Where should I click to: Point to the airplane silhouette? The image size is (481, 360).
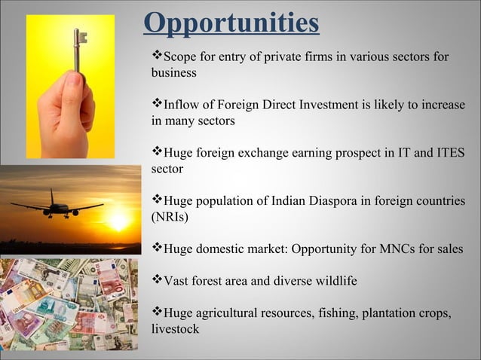pyautogui.click(x=56, y=206)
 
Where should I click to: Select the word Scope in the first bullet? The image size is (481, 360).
pyautogui.click(x=180, y=56)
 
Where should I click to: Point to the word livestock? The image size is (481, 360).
pyautogui.click(x=176, y=329)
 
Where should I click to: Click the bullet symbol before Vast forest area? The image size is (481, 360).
pyautogui.click(x=157, y=280)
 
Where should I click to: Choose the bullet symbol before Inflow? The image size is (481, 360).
pyautogui.click(x=157, y=104)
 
